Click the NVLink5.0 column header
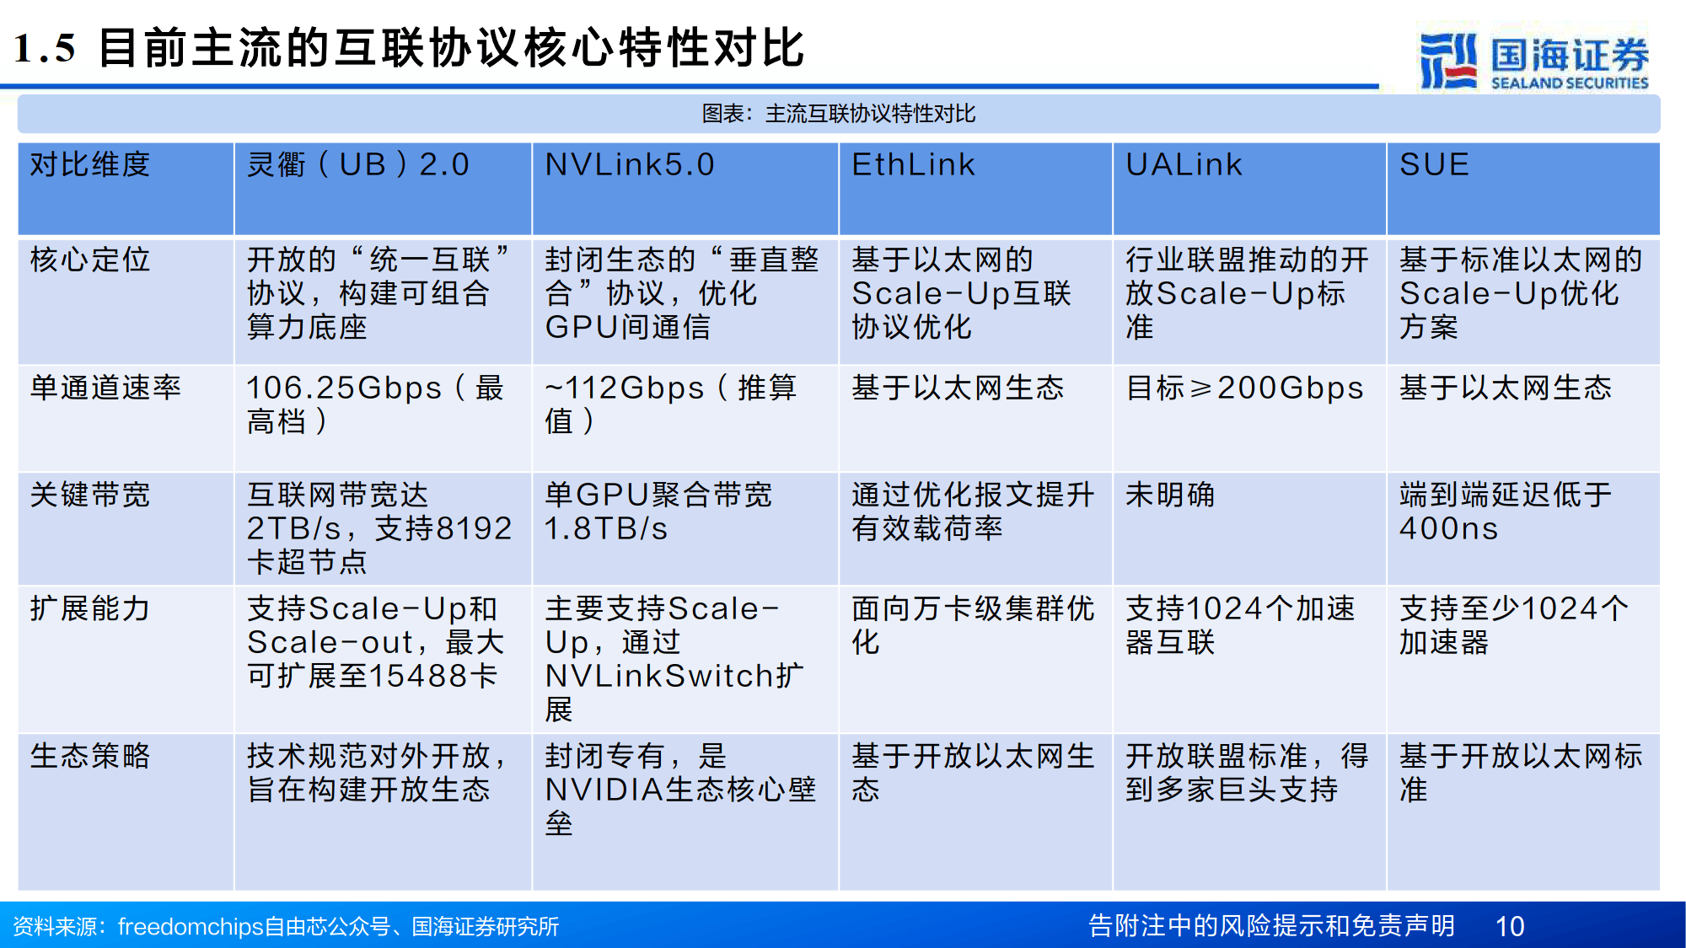tap(630, 165)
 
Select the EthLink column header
tap(913, 165)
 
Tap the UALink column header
tap(1184, 165)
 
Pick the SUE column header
tap(1434, 165)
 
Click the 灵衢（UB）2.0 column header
tap(357, 165)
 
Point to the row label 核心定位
tap(90, 260)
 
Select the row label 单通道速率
tap(105, 388)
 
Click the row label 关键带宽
tap(90, 495)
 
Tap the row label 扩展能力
tap(90, 608)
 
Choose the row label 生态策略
tap(90, 756)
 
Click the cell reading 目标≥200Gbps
tap(1244, 388)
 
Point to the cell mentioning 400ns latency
tap(1506, 511)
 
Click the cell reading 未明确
tap(1170, 495)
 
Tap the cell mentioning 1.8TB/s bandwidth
tap(658, 511)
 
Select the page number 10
tap(1509, 926)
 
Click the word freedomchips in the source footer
tap(191, 927)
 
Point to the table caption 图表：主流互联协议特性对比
tap(839, 114)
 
